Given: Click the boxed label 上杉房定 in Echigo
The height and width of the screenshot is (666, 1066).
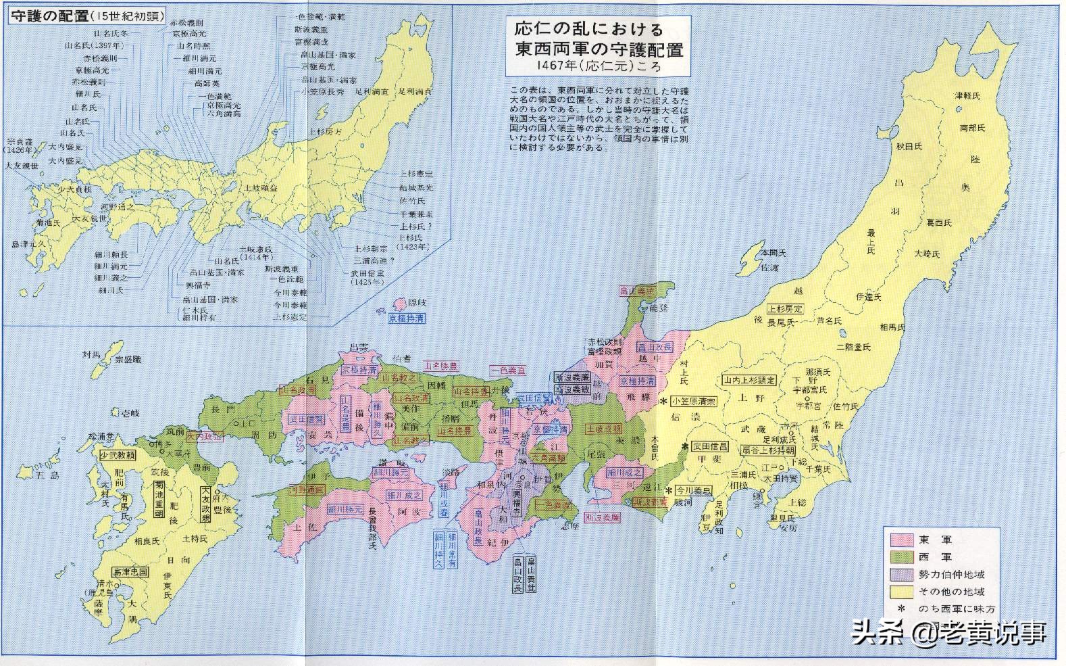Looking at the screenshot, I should coord(784,309).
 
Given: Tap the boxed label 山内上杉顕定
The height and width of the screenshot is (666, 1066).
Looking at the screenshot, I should coord(751,380).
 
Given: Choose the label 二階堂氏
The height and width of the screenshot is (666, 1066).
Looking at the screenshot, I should coord(853,347).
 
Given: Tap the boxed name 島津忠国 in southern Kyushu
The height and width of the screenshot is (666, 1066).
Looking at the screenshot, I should coord(130,572).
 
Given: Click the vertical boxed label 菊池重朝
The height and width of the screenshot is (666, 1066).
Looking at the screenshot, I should coord(159,499).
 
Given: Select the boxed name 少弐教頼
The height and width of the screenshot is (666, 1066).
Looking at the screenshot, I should coord(117,456).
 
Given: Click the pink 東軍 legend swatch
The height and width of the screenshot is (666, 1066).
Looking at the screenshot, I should coord(901,540).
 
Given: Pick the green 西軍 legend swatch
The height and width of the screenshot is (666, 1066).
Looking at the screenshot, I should coord(901,557).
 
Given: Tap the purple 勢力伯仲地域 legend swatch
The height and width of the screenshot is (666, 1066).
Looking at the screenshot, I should coord(901,574).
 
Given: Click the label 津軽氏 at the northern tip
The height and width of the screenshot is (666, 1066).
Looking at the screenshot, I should coord(967,96).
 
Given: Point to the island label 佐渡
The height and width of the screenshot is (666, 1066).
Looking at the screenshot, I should coord(769,267).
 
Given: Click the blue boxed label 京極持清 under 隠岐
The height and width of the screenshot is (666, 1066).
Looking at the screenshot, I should coord(407,318).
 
